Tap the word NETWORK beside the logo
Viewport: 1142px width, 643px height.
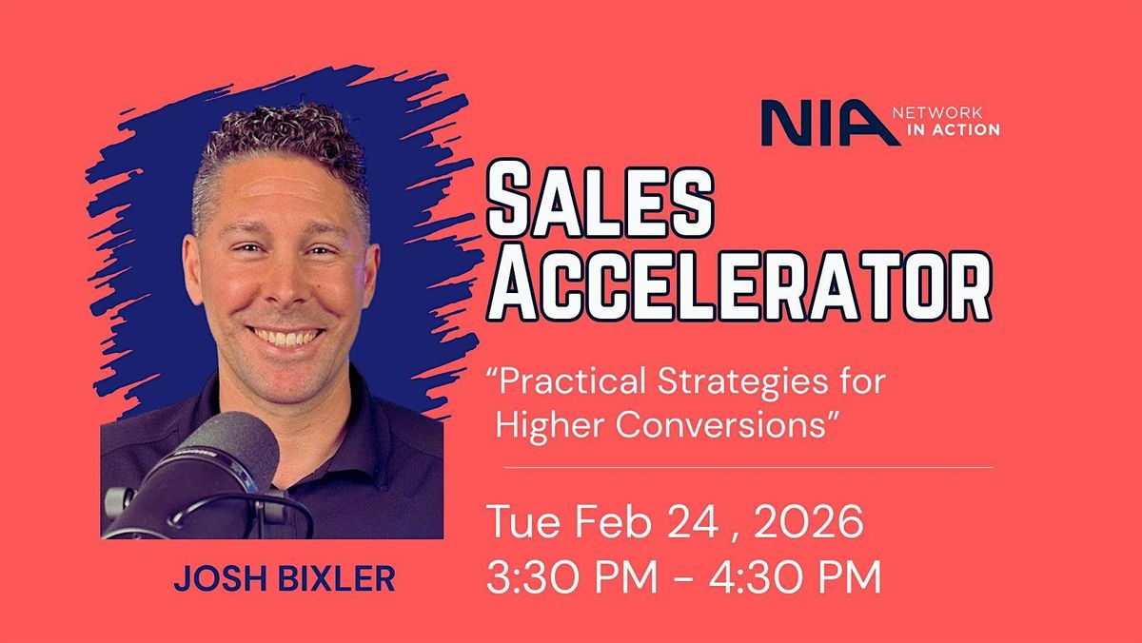pos(937,112)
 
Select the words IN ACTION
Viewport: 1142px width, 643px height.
pos(954,130)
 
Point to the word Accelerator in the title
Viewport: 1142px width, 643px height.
pos(739,283)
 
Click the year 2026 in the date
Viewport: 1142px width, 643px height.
pos(809,521)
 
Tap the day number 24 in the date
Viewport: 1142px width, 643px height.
pos(694,521)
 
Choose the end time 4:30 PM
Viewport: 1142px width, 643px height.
pos(796,576)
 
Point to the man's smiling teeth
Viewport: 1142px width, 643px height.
pos(286,337)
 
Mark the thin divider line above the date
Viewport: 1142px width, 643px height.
pos(749,467)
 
